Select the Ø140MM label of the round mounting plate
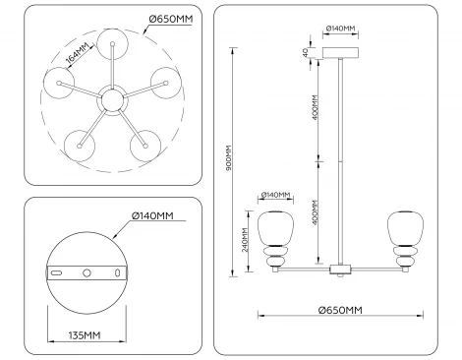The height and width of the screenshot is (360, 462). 154,216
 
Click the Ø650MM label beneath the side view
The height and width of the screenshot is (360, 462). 340,310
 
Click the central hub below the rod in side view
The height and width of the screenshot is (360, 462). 340,268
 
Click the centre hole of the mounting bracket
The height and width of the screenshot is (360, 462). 87,270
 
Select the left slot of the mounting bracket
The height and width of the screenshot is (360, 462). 57,271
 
